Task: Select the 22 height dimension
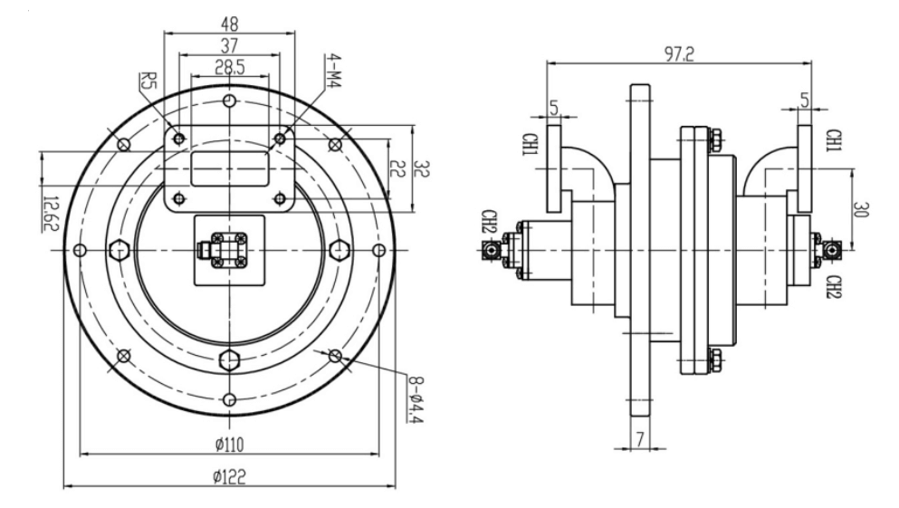396,168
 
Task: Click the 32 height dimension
419,168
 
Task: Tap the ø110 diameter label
230,444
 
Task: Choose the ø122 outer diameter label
230,476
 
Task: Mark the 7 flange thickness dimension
640,438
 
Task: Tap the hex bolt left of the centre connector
117,250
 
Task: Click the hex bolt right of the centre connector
340,250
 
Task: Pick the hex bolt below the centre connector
230,359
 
